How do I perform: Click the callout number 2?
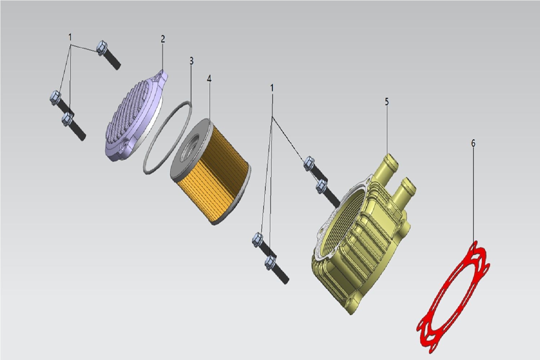pyautogui.click(x=163, y=39)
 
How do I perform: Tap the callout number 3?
pyautogui.click(x=192, y=61)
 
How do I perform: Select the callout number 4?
pyautogui.click(x=209, y=78)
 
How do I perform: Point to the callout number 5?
pyautogui.click(x=387, y=102)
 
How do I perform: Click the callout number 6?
pyautogui.click(x=473, y=143)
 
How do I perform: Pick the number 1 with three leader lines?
pyautogui.click(x=70, y=37)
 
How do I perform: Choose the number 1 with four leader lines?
pyautogui.click(x=272, y=88)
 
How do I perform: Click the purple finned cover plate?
pyautogui.click(x=135, y=116)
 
